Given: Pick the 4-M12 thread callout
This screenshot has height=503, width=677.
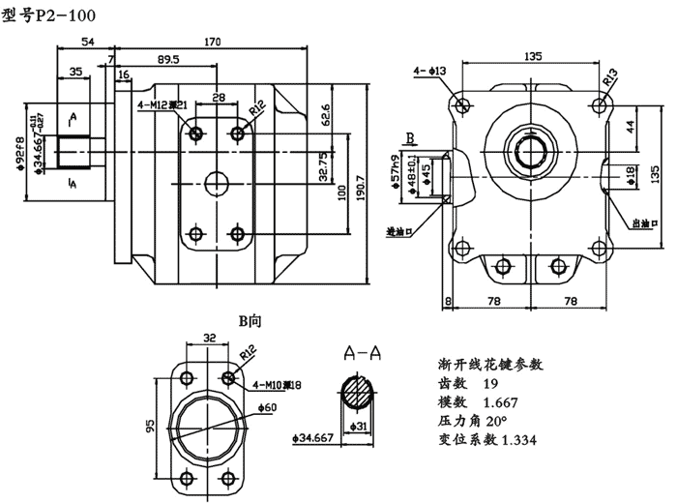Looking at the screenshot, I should tap(162, 105).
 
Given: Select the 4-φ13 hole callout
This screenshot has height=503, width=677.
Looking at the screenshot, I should tap(429, 71).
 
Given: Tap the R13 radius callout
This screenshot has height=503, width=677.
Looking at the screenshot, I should tap(611, 75).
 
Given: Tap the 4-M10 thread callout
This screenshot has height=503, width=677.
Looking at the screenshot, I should tap(277, 385).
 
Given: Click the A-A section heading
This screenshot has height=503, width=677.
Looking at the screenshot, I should tap(361, 354).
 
